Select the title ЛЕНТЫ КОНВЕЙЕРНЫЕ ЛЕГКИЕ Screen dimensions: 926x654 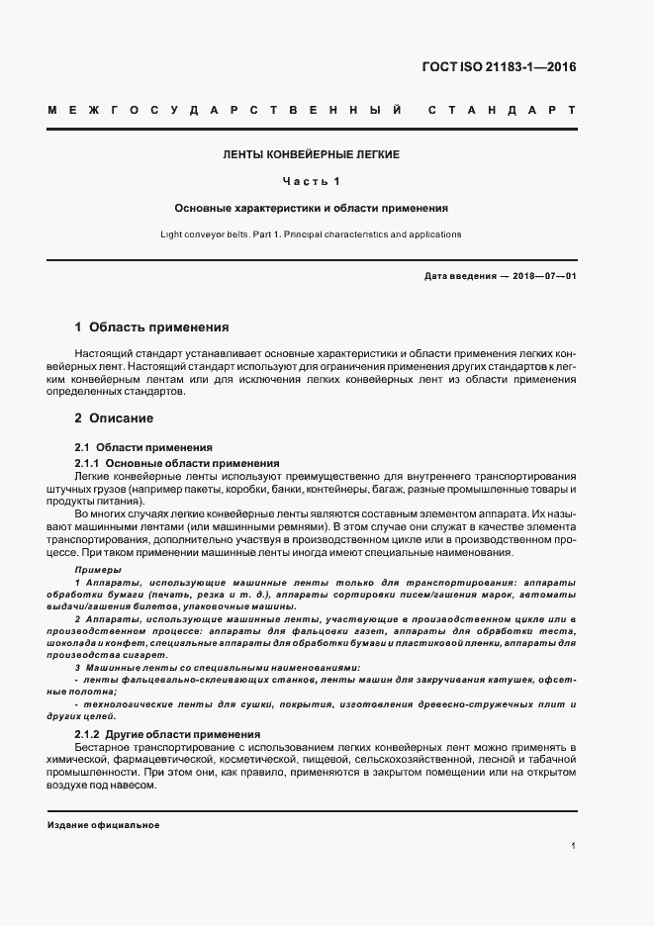[311, 155]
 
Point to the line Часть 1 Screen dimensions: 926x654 [311, 182]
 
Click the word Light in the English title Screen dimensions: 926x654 [172, 234]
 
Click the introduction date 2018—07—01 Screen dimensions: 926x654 [543, 276]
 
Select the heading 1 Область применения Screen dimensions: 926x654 [151, 326]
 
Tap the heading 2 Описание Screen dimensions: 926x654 [114, 418]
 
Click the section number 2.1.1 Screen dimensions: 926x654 [88, 463]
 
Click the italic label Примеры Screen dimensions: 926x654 [99, 571]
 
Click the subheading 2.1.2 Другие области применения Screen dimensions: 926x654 [168, 734]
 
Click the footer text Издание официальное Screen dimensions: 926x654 [103, 825]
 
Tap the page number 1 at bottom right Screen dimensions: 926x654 [573, 846]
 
